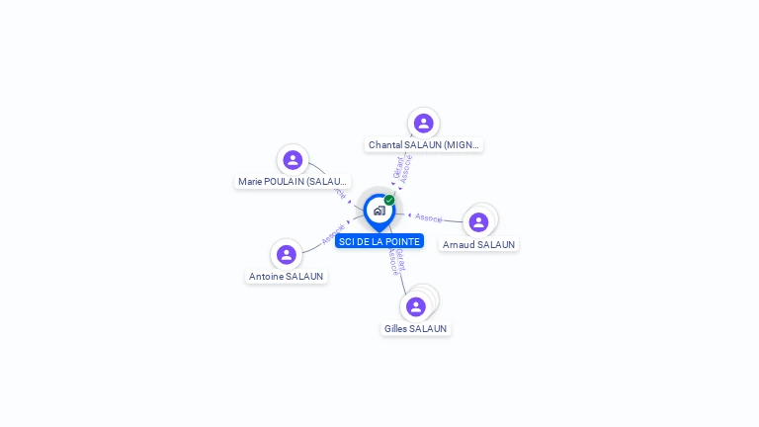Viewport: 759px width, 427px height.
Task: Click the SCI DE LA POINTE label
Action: (x=379, y=241)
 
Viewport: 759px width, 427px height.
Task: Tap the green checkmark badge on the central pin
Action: (x=389, y=200)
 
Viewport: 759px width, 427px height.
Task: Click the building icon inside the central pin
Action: (x=379, y=211)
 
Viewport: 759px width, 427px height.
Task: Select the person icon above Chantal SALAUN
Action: (x=424, y=124)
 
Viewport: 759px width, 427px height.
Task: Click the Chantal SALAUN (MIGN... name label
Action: (x=424, y=145)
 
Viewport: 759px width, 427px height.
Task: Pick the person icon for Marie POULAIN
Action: (x=293, y=160)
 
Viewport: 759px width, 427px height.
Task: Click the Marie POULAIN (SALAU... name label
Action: (x=293, y=182)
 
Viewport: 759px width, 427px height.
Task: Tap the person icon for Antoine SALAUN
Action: (x=287, y=255)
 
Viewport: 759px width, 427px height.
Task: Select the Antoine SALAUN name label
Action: (x=287, y=277)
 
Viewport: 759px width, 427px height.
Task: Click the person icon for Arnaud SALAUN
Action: (x=479, y=222)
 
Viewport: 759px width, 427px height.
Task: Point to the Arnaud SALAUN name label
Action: (x=479, y=244)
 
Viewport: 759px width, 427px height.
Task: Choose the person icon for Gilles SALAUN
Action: (x=416, y=306)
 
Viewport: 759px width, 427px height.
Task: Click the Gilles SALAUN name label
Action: (x=416, y=328)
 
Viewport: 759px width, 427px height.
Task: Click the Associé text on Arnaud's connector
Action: (x=429, y=217)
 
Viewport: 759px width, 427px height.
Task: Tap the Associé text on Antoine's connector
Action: (x=332, y=234)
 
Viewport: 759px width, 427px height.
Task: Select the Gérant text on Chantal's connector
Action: (x=398, y=167)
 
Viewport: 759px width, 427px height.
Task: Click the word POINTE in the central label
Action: (x=402, y=241)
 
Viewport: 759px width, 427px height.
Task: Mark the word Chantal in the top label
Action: (x=385, y=145)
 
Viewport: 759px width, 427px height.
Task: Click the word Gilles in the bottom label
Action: (x=395, y=328)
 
